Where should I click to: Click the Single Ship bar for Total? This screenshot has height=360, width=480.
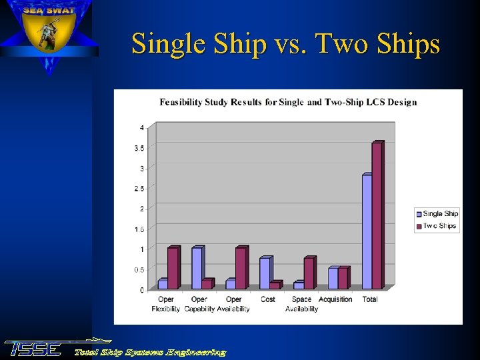[x=367, y=231]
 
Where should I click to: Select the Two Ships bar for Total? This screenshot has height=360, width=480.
[x=377, y=215]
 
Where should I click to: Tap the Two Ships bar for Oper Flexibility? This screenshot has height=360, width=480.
[x=173, y=268]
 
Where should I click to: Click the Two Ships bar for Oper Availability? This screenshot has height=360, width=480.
[x=241, y=268]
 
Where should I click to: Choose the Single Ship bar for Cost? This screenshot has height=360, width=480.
[x=265, y=273]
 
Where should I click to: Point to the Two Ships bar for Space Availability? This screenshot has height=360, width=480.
[x=309, y=273]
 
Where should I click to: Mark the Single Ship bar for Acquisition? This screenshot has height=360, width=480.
[x=333, y=278]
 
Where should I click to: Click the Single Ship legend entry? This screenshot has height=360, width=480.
[x=437, y=214]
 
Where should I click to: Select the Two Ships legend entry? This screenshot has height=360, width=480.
[x=437, y=226]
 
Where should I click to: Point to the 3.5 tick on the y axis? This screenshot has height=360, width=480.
[x=139, y=148]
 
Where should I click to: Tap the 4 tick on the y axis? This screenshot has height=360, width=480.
[x=141, y=127]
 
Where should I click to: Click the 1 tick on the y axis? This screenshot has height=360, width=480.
[x=141, y=249]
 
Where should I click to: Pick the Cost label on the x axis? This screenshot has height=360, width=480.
[x=268, y=299]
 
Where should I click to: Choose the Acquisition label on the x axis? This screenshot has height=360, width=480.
[x=335, y=299]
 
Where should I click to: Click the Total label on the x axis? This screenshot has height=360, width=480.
[x=370, y=299]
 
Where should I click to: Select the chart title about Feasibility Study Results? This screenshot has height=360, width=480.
[x=288, y=102]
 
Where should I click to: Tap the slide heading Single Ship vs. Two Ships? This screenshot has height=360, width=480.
[x=285, y=44]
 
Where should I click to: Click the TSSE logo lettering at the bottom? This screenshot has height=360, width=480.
[x=33, y=349]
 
